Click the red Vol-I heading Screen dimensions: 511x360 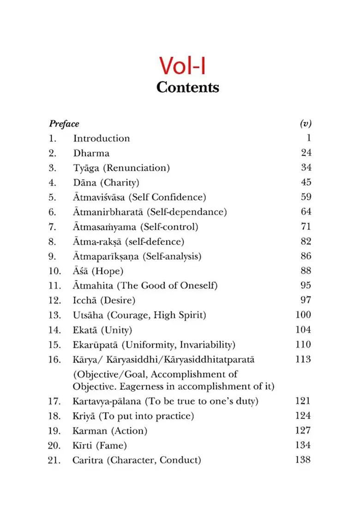[182, 65]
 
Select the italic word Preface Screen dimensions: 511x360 [64, 124]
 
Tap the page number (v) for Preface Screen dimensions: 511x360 [306, 124]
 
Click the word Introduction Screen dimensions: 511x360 [102, 138]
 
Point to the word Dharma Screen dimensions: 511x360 [91, 153]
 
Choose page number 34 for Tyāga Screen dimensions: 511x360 [306, 167]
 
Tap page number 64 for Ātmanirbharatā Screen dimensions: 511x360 [306, 212]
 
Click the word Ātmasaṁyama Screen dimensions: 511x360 [100, 226]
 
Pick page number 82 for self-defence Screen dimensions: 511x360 [306, 241]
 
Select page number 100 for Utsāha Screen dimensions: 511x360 [303, 315]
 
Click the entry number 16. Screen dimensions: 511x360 [54, 359]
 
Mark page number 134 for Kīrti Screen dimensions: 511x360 [303, 445]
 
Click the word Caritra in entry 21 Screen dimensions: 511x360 [89, 460]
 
